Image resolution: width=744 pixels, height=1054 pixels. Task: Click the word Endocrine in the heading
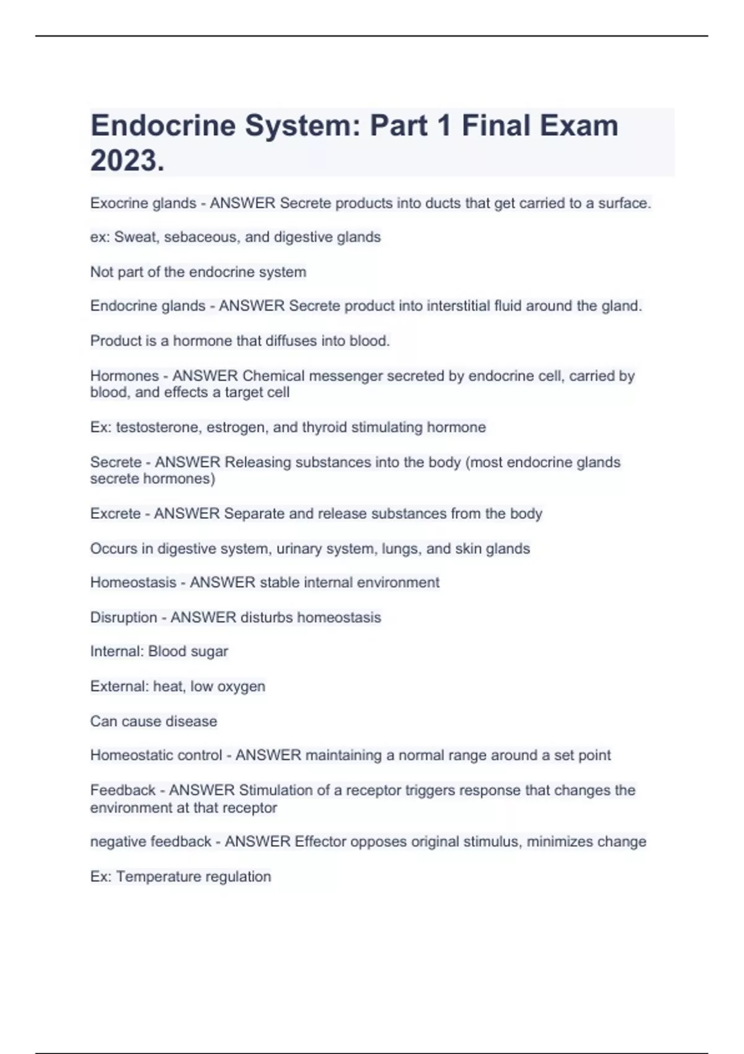coord(162,126)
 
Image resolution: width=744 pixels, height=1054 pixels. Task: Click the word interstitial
coord(448,306)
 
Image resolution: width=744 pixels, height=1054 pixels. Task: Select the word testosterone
coord(157,428)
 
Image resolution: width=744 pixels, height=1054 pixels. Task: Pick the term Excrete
coord(115,514)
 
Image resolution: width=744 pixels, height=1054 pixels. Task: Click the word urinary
coord(300,549)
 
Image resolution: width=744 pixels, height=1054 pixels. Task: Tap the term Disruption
coord(123,618)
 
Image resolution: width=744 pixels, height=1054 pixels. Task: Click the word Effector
coord(321,842)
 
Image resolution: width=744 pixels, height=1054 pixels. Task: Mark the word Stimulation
coord(276,790)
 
